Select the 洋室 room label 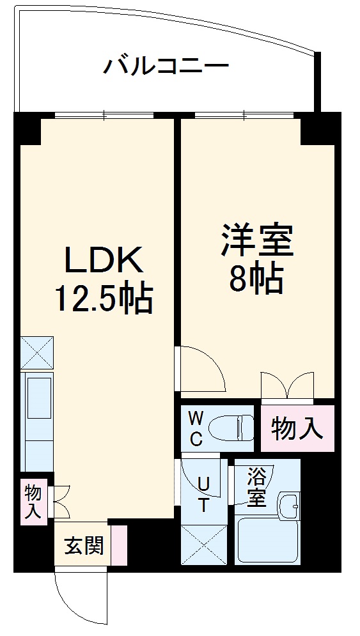pyautogui.click(x=258, y=240)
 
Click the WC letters pyautogui.click(x=196, y=429)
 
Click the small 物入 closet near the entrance pyautogui.click(x=33, y=501)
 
